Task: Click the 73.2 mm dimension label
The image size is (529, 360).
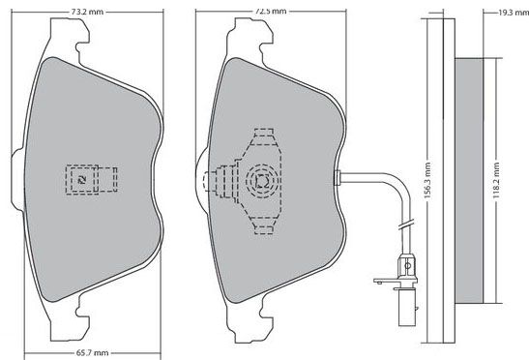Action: [x=87, y=12]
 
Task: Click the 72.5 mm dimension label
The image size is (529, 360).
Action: [x=270, y=12]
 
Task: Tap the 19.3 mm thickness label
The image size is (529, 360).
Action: [x=514, y=13]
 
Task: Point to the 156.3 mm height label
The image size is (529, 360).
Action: [x=427, y=180]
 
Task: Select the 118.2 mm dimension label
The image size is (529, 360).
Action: [x=496, y=180]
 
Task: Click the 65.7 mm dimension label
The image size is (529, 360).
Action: [x=92, y=353]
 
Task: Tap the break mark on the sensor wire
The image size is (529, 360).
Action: [x=406, y=225]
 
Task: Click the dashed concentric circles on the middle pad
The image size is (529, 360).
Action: [x=262, y=181]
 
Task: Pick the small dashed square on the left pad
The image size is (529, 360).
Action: [x=82, y=180]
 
